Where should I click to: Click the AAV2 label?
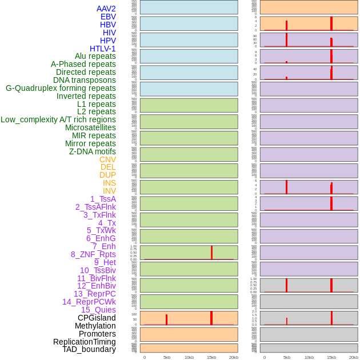106,9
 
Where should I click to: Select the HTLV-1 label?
102,49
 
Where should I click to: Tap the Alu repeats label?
95,56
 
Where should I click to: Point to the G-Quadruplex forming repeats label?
61,88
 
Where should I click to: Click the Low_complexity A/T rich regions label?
58,119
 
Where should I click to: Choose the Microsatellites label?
90,127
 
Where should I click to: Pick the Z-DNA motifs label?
92,151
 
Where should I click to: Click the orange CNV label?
107,159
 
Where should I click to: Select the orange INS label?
109,183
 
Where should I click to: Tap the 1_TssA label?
103,199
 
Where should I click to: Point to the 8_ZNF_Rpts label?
93,254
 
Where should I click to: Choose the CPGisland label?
97,318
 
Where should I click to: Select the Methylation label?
95,326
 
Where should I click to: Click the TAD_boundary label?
89,349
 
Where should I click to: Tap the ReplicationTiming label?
84,342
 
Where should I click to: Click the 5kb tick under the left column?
167,357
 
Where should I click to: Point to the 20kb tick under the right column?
354,357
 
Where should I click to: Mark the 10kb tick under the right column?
309,357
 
